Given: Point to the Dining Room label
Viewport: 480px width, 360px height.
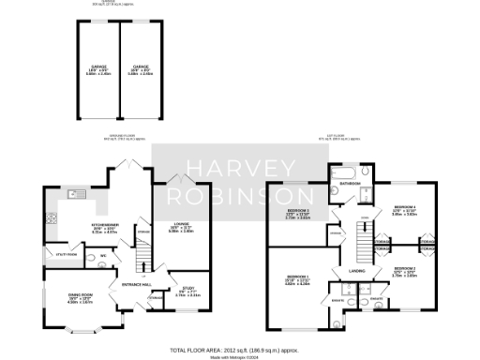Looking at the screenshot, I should coord(79,299).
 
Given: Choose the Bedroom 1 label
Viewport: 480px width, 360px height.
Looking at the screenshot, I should coord(298,278).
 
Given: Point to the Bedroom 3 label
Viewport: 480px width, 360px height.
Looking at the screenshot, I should coord(298,214).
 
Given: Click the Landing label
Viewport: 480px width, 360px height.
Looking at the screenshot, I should coord(356,271).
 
